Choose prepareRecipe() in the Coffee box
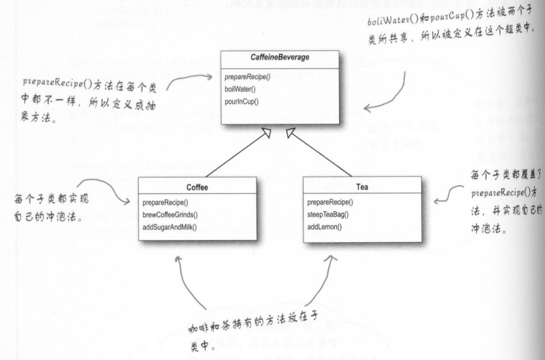coord(167,203)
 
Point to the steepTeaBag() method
coord(329,216)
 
